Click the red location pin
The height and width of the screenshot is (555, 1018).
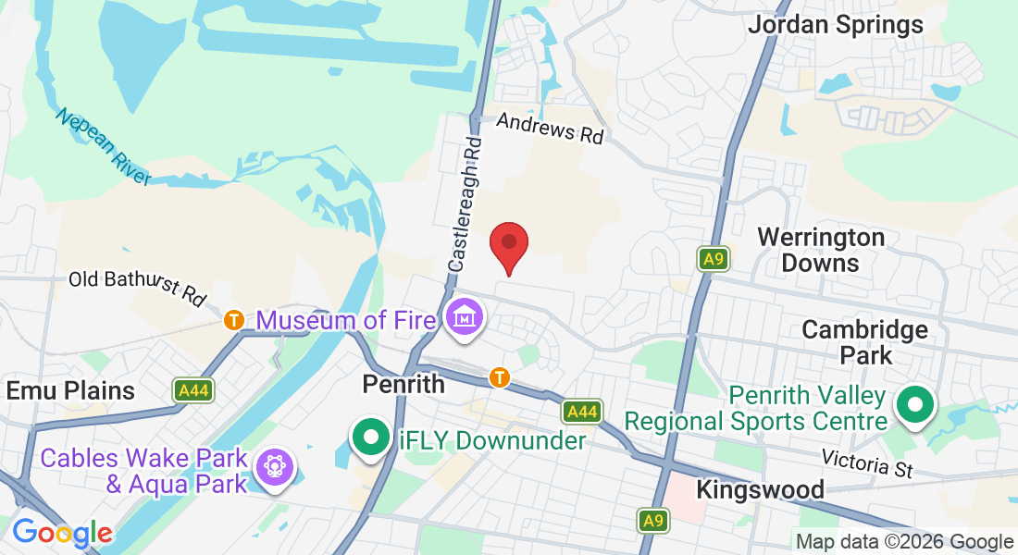click(x=508, y=245)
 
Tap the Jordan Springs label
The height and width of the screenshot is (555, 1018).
click(x=835, y=24)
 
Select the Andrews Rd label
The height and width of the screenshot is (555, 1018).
click(x=550, y=128)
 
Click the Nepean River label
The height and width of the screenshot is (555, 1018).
click(x=102, y=146)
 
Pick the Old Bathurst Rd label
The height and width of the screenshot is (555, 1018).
click(x=137, y=286)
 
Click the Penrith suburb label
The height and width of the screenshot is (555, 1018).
click(x=403, y=383)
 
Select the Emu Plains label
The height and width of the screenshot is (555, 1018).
click(x=70, y=389)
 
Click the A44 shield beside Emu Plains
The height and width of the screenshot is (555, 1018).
click(x=193, y=390)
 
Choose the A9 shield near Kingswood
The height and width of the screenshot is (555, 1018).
click(x=653, y=521)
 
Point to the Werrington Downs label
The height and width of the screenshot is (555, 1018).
click(x=820, y=250)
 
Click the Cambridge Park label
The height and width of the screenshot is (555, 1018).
click(x=864, y=341)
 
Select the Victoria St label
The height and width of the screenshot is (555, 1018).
click(x=867, y=463)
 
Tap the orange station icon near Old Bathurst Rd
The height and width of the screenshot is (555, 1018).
click(x=234, y=320)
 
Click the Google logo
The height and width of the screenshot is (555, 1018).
click(x=62, y=533)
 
